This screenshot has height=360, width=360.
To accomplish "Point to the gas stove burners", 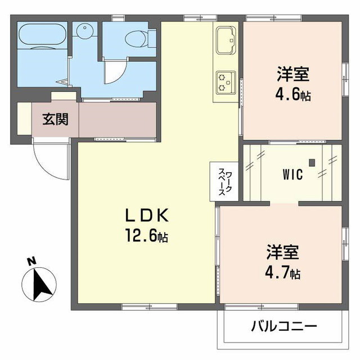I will coord(227,82).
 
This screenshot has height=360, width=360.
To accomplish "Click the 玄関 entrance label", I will coord(55,119).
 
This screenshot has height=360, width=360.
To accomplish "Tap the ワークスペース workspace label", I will coord(224,181).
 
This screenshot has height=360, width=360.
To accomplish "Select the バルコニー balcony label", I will coord(283,326).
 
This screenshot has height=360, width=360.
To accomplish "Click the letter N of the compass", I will coord(31,262).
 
